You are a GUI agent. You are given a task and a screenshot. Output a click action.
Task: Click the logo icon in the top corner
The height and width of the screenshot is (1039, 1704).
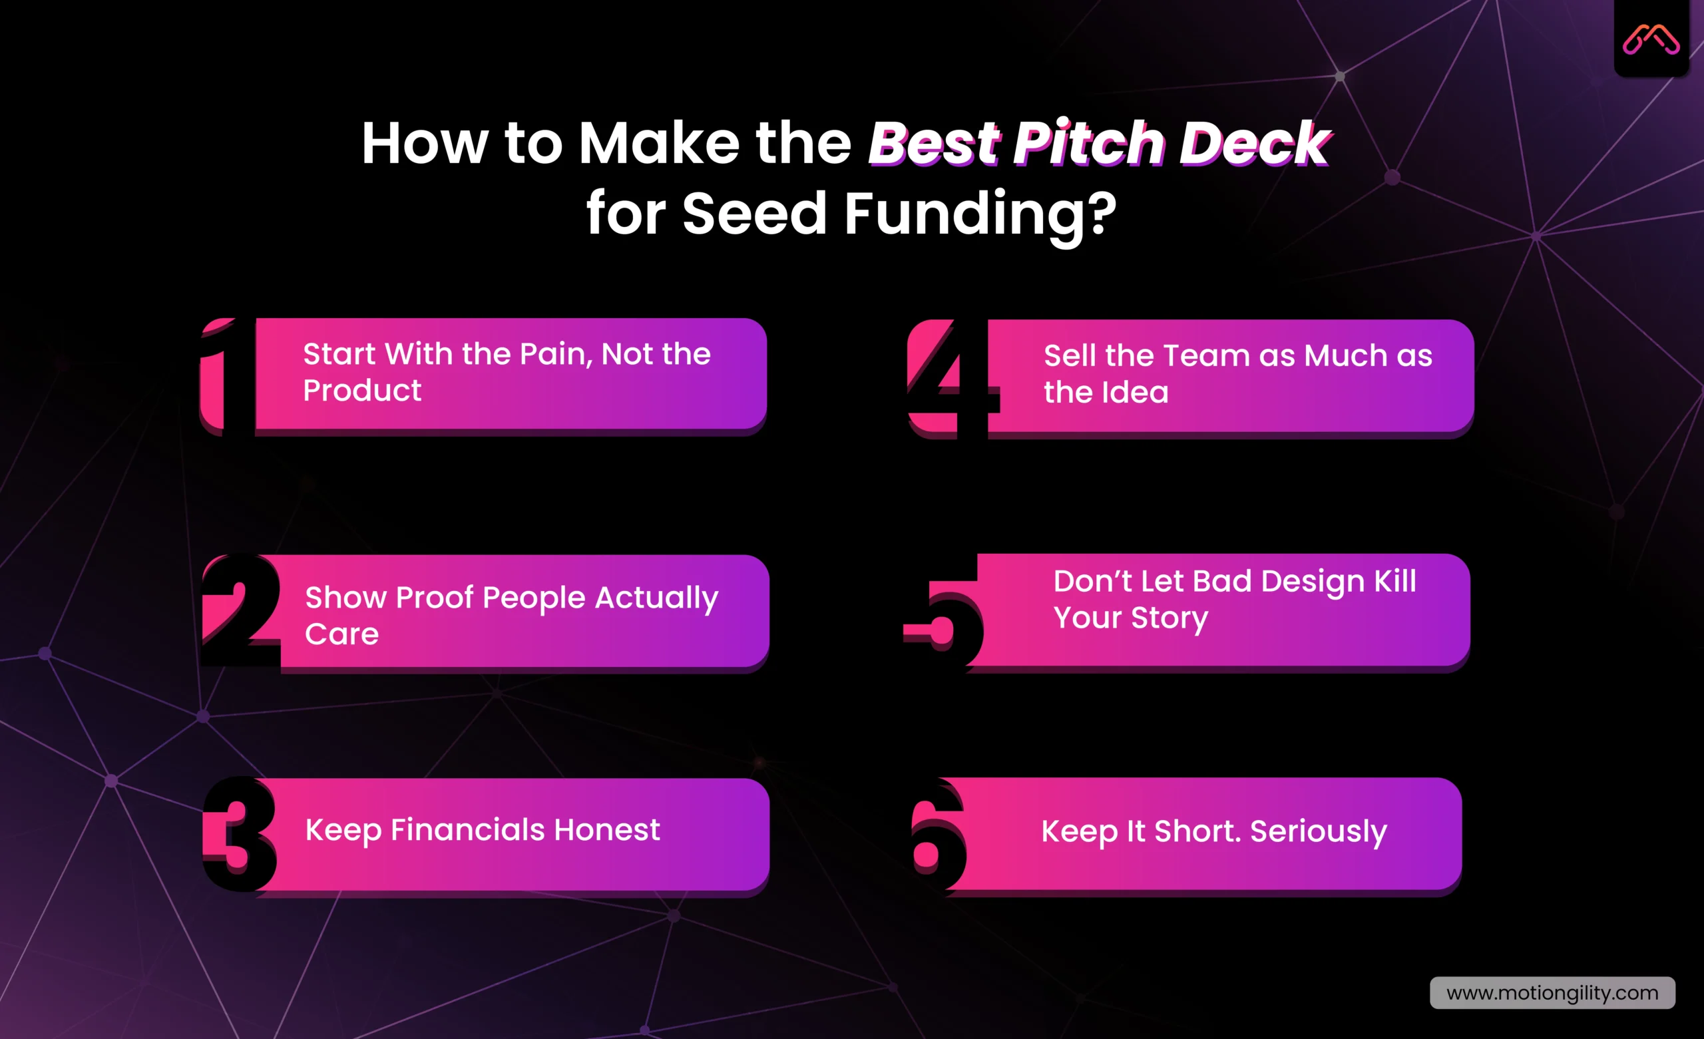point(1651,39)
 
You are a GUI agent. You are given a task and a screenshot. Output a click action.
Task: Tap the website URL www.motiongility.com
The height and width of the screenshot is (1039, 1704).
point(1552,992)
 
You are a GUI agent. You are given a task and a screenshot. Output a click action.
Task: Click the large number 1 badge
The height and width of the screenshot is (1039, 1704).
point(220,377)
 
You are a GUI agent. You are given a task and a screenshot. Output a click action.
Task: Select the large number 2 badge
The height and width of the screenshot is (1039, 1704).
point(238,610)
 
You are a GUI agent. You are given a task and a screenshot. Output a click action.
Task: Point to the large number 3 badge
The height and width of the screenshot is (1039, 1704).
point(238,833)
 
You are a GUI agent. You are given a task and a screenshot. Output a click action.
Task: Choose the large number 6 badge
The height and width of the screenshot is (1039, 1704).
point(937,835)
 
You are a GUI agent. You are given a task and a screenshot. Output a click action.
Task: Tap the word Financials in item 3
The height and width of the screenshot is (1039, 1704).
point(467,829)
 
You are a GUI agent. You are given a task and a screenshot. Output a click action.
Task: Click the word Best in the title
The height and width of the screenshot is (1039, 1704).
point(935,143)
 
